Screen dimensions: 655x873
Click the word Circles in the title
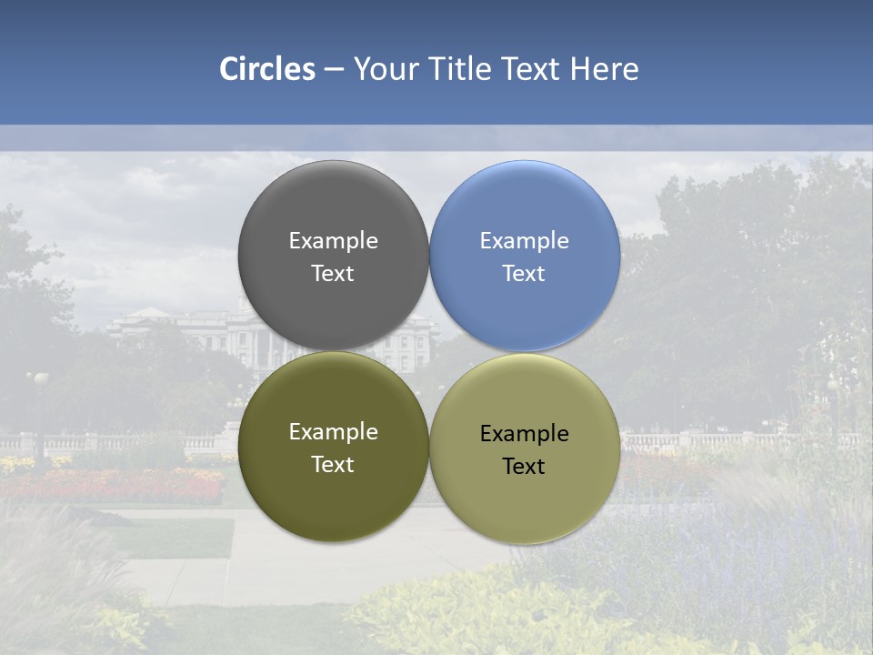click(x=267, y=69)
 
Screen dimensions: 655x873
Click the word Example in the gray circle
click(x=333, y=241)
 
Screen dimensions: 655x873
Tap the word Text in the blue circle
click(x=524, y=274)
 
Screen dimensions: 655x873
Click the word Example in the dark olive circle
click(x=333, y=432)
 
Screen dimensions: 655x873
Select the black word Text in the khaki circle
click(x=524, y=467)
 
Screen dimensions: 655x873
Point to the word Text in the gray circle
click(x=333, y=274)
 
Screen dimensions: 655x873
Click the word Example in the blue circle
click(x=524, y=241)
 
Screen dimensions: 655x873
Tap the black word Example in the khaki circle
click(x=524, y=434)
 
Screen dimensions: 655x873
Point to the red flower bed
click(x=136, y=487)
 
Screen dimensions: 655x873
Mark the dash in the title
click(x=334, y=70)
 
